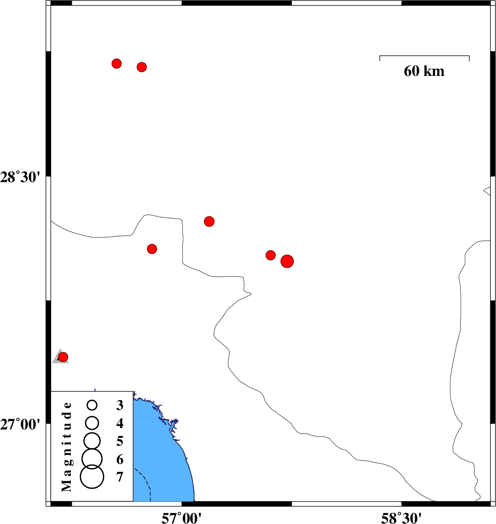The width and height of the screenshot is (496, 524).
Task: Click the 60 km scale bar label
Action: coord(424,71)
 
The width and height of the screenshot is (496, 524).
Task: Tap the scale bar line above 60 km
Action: coord(424,56)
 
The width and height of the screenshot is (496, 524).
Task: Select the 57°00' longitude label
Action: coord(181,518)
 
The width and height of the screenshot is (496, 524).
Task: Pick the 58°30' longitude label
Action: coord(401,518)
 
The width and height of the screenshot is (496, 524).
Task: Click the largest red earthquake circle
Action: coord(287,261)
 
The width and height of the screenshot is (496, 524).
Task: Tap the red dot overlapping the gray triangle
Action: coord(63,357)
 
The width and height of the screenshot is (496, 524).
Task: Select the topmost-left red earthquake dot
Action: coord(116,63)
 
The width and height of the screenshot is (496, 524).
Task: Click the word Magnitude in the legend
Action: coord(67,447)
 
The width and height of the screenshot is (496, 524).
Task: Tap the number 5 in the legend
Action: coord(120,441)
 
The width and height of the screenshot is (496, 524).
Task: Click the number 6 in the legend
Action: coord(120,460)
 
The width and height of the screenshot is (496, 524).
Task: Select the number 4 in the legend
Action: coord(120,423)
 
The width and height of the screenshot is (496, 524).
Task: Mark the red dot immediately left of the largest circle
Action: coord(270,255)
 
